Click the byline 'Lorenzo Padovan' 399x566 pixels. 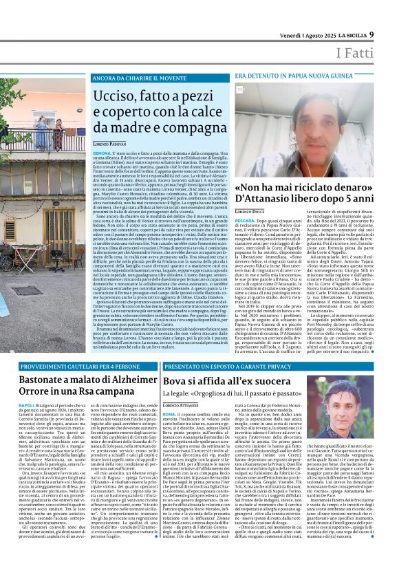tap(112, 142)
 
